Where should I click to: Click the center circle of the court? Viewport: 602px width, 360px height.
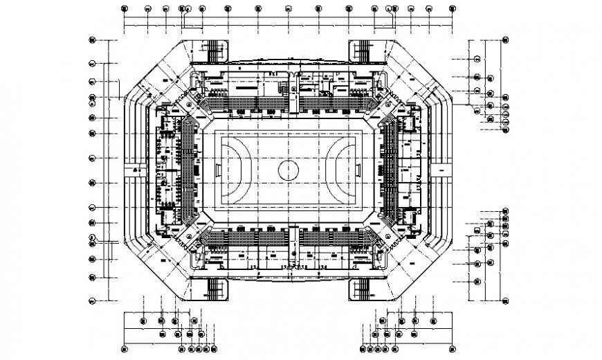pyautogui.click(x=289, y=168)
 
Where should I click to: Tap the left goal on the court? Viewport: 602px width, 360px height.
pyautogui.click(x=218, y=168)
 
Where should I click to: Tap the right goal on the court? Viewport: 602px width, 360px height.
pyautogui.click(x=359, y=168)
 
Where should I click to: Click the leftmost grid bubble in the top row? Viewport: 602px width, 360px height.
pyautogui.click(x=125, y=9)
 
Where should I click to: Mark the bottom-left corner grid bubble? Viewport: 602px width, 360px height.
pyautogui.click(x=125, y=348)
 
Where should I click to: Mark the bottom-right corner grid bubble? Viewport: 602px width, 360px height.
pyautogui.click(x=450, y=348)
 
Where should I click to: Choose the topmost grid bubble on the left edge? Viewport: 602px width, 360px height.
pyautogui.click(x=92, y=39)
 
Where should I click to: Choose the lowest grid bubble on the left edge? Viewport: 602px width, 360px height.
pyautogui.click(x=92, y=300)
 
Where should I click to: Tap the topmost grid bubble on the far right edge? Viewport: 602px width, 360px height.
pyautogui.click(x=505, y=39)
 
